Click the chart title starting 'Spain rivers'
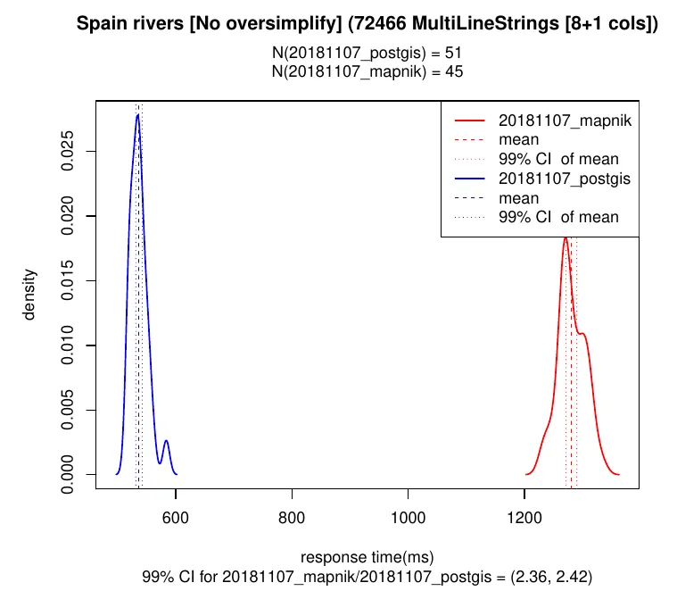tap(367, 24)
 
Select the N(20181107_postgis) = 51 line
tap(367, 54)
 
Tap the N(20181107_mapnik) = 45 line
tap(367, 71)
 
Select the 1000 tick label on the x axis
tap(408, 515)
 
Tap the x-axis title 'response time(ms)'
tap(367, 557)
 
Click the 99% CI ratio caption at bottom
tap(367, 577)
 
